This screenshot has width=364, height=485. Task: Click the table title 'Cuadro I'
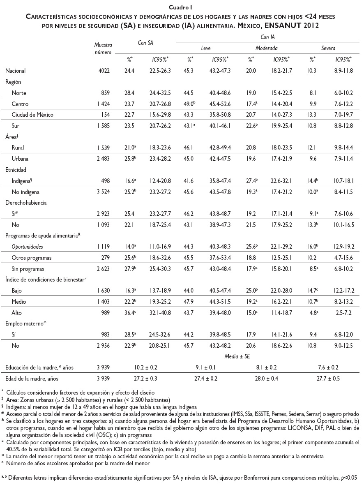tap(182, 7)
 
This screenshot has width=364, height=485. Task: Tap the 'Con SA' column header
tap(146, 42)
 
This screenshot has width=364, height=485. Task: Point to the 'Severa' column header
tap(328, 48)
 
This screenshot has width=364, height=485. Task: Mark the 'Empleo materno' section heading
tap(24, 324)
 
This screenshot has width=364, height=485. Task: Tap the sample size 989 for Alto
tap(106, 313)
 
